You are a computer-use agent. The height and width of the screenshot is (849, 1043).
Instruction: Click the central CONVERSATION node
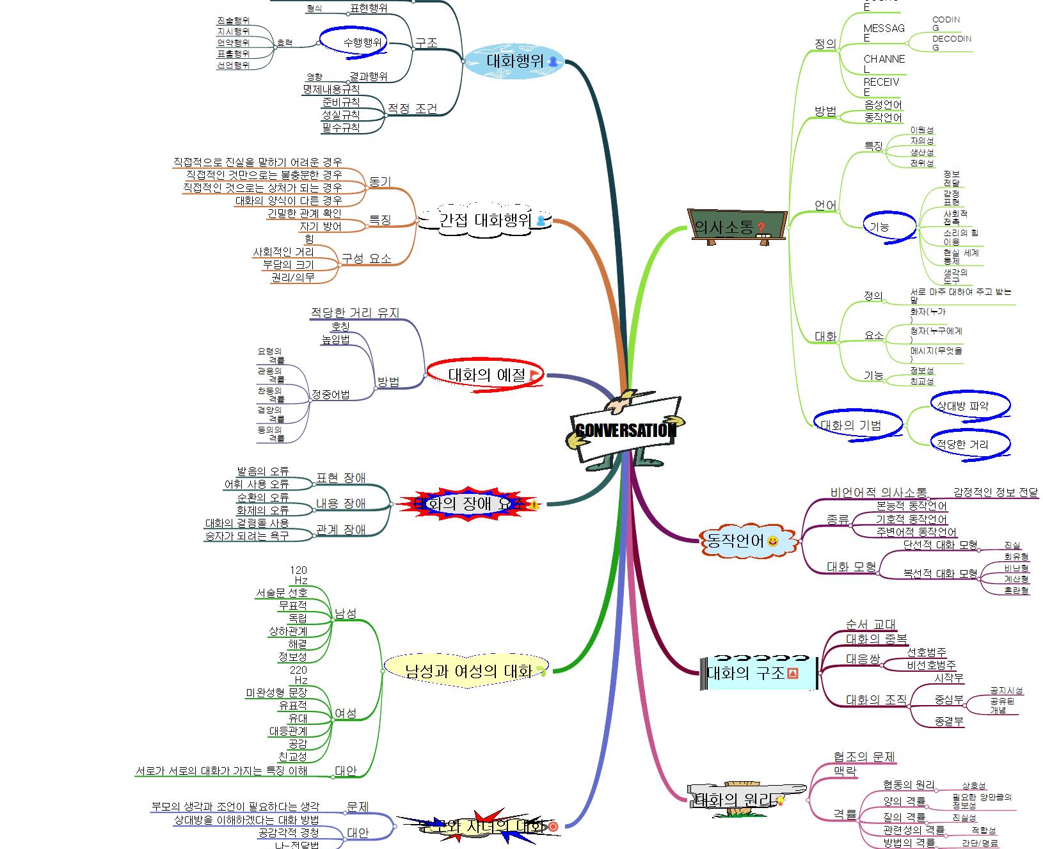pyautogui.click(x=625, y=430)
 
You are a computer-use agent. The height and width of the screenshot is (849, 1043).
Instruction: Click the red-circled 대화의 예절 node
pyautogui.click(x=486, y=375)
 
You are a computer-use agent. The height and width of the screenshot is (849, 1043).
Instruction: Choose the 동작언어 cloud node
pyautogui.click(x=736, y=541)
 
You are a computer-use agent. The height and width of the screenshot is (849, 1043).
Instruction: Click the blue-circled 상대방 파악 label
pyautogui.click(x=962, y=406)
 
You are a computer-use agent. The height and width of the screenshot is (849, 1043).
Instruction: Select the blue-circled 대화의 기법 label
pyautogui.click(x=850, y=425)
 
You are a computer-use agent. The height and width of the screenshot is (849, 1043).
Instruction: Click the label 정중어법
pyautogui.click(x=330, y=395)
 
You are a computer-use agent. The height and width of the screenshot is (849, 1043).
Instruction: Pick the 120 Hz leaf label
pyautogui.click(x=299, y=575)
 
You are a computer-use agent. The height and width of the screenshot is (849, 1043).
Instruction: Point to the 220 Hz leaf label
pyautogui.click(x=299, y=675)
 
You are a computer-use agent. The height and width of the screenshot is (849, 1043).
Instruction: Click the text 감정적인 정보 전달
pyautogui.click(x=995, y=493)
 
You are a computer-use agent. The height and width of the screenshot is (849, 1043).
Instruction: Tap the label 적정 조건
pyautogui.click(x=412, y=109)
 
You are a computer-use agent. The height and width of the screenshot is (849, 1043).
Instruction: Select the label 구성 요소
pyautogui.click(x=366, y=258)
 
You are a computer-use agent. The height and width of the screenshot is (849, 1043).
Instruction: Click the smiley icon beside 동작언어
pyautogui.click(x=773, y=542)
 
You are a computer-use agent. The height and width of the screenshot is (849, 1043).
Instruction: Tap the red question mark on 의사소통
pyautogui.click(x=761, y=228)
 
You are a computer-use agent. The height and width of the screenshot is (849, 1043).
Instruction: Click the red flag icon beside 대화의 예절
pyautogui.click(x=534, y=376)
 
